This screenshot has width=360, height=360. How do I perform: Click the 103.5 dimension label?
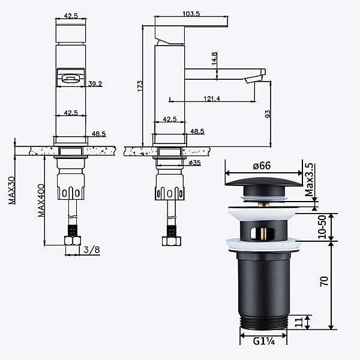pos(191,14)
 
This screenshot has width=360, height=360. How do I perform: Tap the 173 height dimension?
pos(140,86)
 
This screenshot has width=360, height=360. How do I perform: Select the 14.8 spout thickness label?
pos(214,58)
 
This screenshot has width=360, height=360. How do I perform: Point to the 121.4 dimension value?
pos(212,99)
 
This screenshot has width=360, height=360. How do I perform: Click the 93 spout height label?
pos(268,114)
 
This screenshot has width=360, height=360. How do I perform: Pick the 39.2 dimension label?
pos(95,84)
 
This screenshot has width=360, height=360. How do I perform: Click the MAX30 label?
pos(12,190)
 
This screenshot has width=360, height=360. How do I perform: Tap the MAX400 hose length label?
pos(41,200)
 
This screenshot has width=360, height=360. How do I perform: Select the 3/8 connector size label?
pos(92,250)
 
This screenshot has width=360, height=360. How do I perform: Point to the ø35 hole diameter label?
pos(194,163)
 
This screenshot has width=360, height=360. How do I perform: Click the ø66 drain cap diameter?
pos(262,166)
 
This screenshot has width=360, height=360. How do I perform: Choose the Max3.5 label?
pos(309,179)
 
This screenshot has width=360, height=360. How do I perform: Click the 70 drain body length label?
pos(324,281)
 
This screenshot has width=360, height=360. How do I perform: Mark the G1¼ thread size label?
pos(264,341)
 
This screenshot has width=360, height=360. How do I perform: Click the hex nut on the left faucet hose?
pos(73,241)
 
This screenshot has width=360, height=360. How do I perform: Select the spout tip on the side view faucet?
pos(254,79)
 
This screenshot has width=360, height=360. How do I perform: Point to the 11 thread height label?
pos(298,322)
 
